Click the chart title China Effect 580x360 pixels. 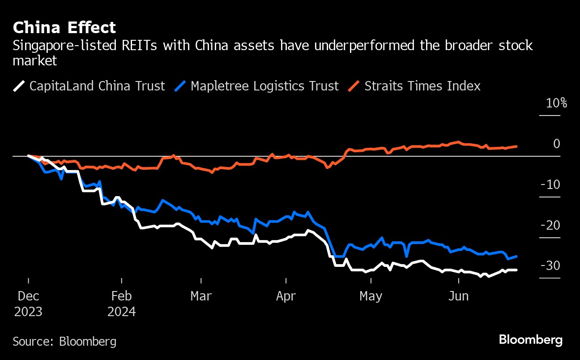(64, 28)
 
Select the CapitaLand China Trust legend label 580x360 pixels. (97, 86)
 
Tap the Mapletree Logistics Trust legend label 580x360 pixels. (264, 86)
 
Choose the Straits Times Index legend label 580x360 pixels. (422, 86)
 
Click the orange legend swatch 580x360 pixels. (354, 86)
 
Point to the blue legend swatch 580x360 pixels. (179, 86)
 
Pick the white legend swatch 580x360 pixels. (19, 86)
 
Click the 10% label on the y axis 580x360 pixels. (556, 103)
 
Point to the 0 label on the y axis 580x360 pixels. (556, 144)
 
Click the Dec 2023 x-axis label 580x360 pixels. (28, 304)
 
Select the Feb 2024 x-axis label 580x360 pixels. (121, 304)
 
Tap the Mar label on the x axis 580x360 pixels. (201, 296)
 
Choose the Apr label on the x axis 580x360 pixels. (286, 296)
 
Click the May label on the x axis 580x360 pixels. (371, 296)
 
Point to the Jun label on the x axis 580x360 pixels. (459, 296)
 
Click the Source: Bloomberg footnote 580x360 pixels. (64, 342)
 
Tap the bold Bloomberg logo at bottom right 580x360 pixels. (531, 340)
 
